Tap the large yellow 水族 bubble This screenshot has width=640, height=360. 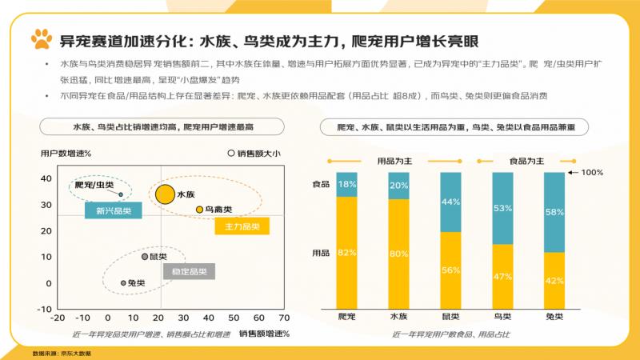click(x=165, y=193)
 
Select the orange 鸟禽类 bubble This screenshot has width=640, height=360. click(x=199, y=210)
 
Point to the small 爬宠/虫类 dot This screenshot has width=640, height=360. click(x=121, y=194)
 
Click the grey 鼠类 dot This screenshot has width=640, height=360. click(x=144, y=257)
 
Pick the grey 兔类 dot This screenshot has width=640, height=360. click(x=122, y=282)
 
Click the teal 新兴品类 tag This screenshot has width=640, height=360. click(x=114, y=211)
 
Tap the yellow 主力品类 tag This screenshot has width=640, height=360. click(x=242, y=227)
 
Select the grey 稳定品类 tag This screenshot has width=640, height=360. click(x=190, y=272)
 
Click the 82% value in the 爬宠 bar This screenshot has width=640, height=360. click(x=346, y=253)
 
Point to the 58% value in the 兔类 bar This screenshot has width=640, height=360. click(x=554, y=213)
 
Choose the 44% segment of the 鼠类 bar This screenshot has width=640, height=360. click(x=450, y=202)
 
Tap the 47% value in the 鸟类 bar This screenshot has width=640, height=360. click(x=502, y=277)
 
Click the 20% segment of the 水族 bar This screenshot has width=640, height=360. click(x=398, y=186)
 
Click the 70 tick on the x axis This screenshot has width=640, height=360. click(x=283, y=318)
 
